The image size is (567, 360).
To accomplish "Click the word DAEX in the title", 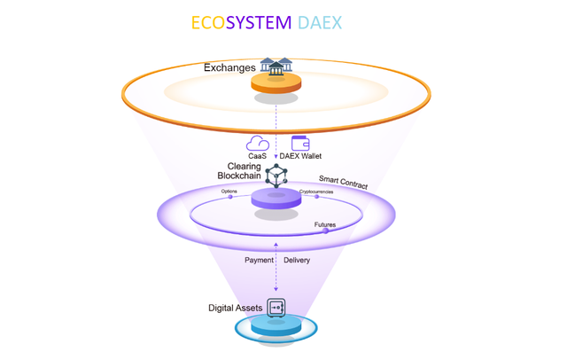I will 338,22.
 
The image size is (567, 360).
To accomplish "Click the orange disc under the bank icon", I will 276,84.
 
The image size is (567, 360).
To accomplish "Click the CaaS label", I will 257,156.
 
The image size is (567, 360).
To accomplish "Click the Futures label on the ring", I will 325,225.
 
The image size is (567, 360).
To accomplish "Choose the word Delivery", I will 298,261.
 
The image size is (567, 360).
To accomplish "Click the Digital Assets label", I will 235,308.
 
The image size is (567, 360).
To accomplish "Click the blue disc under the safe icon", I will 276,328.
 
